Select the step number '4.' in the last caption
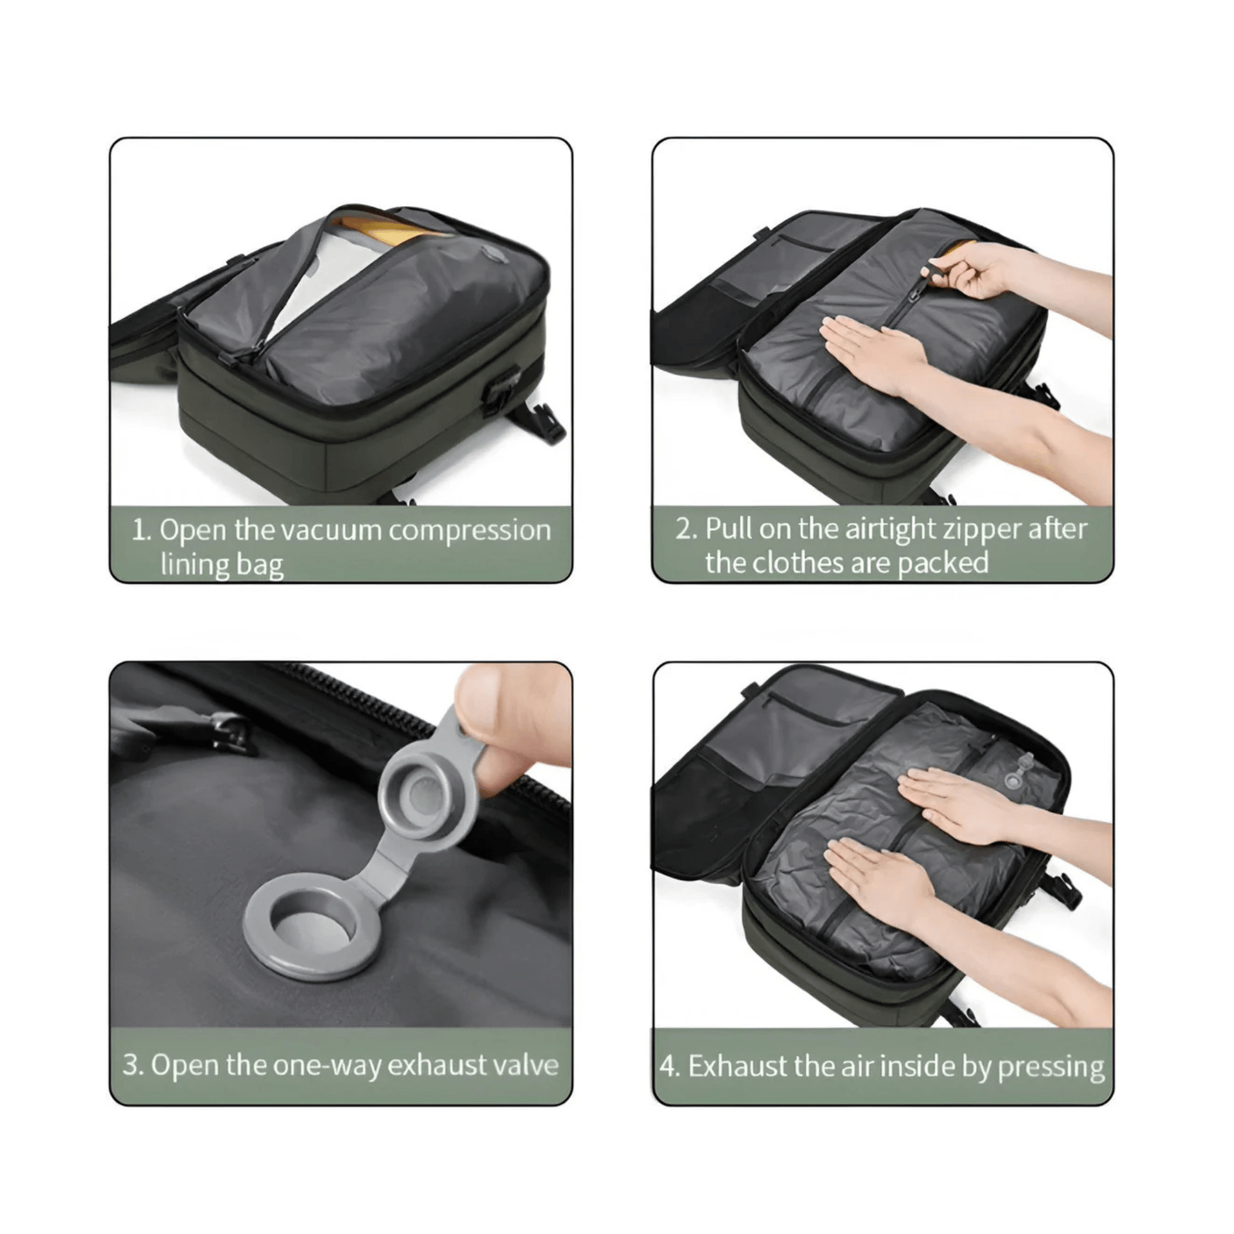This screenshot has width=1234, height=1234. tap(670, 1067)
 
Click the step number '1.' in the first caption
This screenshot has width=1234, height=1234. tap(141, 531)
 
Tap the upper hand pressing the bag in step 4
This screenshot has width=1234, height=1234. tap(958, 803)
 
